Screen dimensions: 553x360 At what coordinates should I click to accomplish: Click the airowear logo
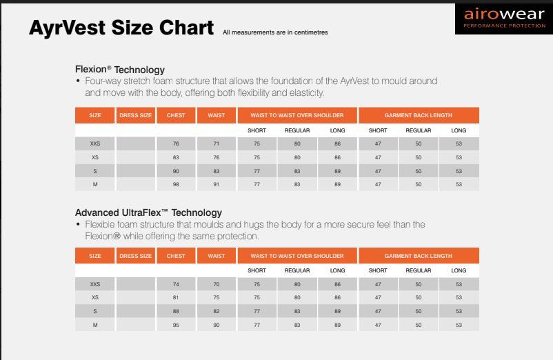click(x=504, y=19)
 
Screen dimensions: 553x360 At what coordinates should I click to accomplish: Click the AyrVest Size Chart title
click(x=121, y=28)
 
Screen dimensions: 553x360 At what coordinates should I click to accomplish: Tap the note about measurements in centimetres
click(x=275, y=32)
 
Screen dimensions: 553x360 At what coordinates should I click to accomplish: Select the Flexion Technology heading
click(x=120, y=70)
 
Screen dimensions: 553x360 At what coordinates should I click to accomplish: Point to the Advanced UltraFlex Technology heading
click(x=148, y=212)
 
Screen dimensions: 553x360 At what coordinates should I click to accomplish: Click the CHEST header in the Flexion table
click(x=176, y=115)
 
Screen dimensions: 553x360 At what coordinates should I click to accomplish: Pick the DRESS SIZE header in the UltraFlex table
click(x=135, y=256)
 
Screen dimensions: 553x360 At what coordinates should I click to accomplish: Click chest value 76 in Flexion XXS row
click(x=176, y=144)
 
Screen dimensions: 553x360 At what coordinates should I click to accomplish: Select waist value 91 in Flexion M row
click(x=217, y=184)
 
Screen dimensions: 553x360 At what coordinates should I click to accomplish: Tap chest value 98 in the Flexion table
click(x=176, y=184)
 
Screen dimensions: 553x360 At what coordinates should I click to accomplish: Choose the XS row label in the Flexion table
click(x=95, y=157)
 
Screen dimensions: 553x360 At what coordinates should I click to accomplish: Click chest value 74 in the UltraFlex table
click(x=176, y=284)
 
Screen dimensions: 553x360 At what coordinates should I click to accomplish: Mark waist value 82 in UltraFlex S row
click(x=217, y=311)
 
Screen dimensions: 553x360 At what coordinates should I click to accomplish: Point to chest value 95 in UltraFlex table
click(x=176, y=325)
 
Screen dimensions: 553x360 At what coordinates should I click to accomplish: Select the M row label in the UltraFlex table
click(x=95, y=325)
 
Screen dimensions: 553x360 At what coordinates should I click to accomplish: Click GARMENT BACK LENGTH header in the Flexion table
click(x=419, y=115)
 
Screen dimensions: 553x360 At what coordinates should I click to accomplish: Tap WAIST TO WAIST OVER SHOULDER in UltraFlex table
click(x=297, y=256)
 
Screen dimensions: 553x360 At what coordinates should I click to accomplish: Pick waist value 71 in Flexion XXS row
click(x=217, y=144)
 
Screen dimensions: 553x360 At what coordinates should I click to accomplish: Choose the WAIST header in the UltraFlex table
click(x=217, y=256)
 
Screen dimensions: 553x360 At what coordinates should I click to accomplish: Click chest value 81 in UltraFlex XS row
click(x=176, y=298)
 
